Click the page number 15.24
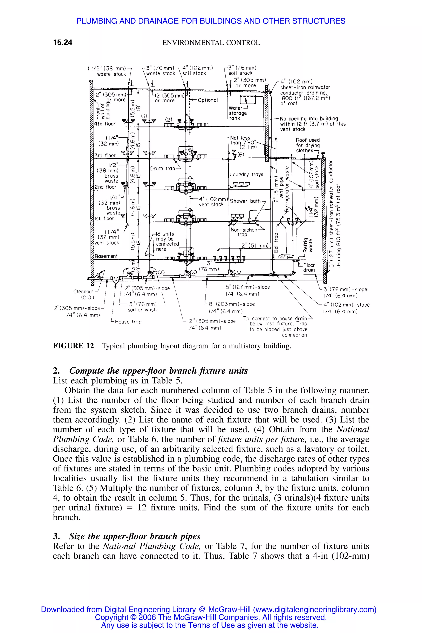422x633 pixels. pos(63,42)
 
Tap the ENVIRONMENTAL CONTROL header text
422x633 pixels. pos(211,43)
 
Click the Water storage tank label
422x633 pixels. pos(238,113)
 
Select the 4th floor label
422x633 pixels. pos(105,124)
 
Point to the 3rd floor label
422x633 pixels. pos(105,156)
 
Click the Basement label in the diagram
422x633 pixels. pos(106,256)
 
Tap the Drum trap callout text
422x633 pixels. pos(163,169)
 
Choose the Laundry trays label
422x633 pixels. pos(246,175)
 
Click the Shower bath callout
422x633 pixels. pos(245,201)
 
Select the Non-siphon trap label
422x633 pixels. pos(244,232)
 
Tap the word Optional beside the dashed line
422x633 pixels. pos(207,100)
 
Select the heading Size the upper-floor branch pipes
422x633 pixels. pos(135,536)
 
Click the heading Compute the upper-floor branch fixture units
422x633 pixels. pos(158,371)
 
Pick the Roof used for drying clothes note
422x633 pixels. pos(308,145)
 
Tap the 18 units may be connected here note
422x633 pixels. pos(167,241)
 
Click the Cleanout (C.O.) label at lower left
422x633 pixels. pos(83,294)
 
